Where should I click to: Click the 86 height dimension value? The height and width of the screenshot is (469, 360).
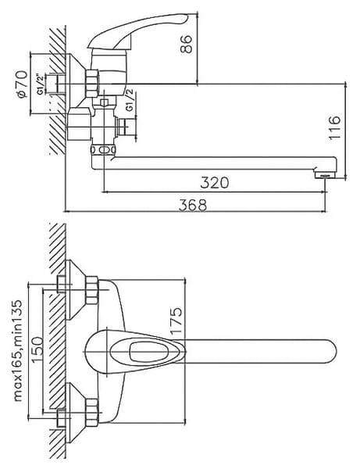click(186, 45)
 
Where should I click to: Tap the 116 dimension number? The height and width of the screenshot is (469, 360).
click(334, 127)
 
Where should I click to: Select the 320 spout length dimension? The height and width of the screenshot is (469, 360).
click(215, 183)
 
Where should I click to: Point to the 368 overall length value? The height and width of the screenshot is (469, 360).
click(193, 205)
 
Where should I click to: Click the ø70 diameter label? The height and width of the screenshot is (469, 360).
click(23, 84)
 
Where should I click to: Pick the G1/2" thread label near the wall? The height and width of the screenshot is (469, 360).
click(41, 84)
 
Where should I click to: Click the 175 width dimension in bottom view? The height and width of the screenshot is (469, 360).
click(176, 320)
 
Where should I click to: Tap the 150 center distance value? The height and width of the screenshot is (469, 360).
click(37, 349)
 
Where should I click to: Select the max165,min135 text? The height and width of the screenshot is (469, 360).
click(17, 350)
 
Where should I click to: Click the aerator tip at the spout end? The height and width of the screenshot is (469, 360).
click(324, 175)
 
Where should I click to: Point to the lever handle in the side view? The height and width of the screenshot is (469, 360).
click(138, 30)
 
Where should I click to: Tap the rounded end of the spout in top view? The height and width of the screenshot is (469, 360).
click(331, 352)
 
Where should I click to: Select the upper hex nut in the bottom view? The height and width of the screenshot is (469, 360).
click(92, 290)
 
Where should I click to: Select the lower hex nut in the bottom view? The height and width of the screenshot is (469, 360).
click(92, 413)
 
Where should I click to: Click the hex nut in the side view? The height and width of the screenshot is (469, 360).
click(92, 84)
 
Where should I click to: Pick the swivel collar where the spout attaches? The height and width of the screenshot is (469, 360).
click(103, 149)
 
